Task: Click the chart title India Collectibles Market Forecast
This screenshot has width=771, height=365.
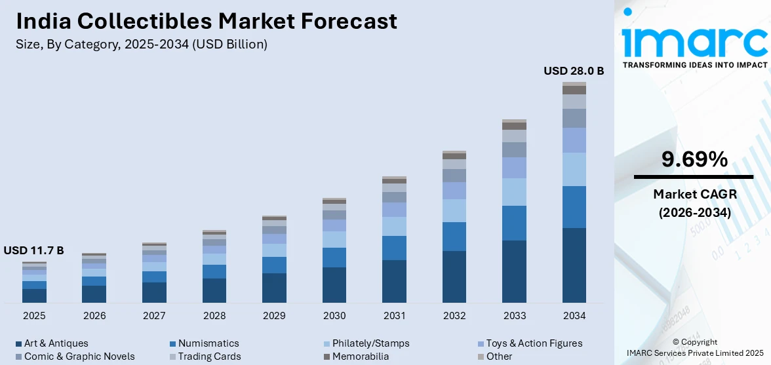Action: [207, 21]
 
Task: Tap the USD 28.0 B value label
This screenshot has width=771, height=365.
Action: [574, 71]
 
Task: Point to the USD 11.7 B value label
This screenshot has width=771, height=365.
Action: [33, 250]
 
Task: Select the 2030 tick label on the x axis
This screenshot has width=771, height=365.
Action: [334, 316]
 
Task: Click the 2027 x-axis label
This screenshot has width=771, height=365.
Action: [154, 316]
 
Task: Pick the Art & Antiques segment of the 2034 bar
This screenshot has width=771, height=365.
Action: [574, 265]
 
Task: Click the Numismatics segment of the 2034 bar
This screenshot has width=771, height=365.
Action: [574, 207]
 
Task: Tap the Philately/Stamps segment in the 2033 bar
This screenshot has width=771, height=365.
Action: [514, 192]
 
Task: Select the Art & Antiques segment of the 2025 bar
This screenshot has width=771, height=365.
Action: [34, 296]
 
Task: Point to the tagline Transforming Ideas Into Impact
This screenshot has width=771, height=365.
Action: [694, 65]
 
